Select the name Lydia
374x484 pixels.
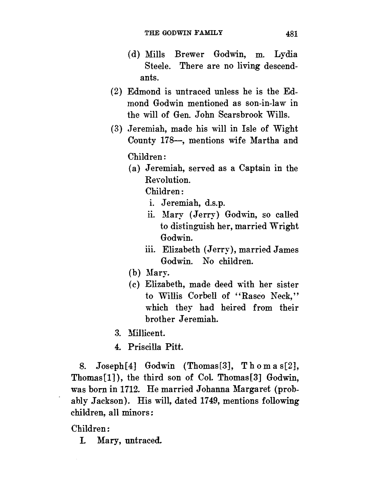click(286, 55)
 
